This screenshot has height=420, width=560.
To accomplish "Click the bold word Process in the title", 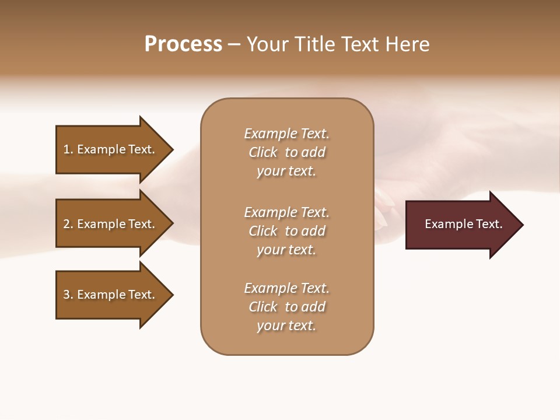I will [x=183, y=44].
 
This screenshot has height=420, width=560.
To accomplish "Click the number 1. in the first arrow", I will [x=68, y=149].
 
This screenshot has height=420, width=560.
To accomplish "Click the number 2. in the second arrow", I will [x=68, y=224].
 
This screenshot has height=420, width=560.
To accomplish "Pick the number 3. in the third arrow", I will [x=68, y=295].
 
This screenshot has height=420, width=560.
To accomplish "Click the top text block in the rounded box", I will [x=286, y=152].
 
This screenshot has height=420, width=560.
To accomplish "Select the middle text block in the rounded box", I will [x=286, y=231].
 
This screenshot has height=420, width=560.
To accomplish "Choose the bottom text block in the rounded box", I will [x=286, y=307].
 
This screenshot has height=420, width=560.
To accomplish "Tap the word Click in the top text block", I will [x=263, y=152].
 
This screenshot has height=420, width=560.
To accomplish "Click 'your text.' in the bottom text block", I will [x=286, y=325].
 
